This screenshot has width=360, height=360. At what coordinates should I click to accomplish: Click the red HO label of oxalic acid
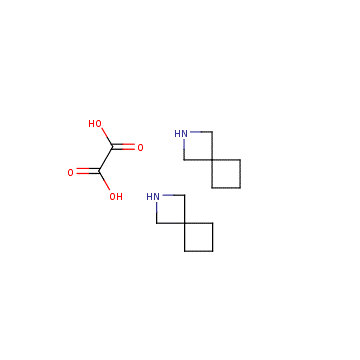(x=95, y=124)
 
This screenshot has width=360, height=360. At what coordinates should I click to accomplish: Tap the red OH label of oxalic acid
(x=116, y=197)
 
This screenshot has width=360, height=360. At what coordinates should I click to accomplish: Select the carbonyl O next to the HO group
(x=140, y=148)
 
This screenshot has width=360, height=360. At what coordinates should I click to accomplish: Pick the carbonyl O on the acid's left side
(x=70, y=173)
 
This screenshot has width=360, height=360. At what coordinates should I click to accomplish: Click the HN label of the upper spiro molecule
(x=181, y=134)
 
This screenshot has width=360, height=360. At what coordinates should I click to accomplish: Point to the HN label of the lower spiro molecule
(x=153, y=197)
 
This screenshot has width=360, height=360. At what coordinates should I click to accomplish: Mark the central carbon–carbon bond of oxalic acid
(x=106, y=160)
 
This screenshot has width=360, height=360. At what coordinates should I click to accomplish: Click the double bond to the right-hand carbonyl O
(x=123, y=147)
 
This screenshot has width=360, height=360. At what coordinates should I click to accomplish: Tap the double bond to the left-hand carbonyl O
(x=88, y=172)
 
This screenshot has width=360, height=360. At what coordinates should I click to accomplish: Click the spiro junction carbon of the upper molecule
(x=212, y=160)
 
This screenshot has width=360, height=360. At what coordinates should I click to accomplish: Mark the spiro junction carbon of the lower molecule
(x=184, y=223)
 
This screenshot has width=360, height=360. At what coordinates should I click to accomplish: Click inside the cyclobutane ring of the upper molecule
(x=226, y=174)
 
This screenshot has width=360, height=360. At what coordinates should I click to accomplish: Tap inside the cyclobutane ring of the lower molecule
(x=198, y=237)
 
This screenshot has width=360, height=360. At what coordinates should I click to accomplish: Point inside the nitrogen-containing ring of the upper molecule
(x=198, y=146)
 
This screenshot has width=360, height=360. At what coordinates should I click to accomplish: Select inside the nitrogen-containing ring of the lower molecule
(x=170, y=209)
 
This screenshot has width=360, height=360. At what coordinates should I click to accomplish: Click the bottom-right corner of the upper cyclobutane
(x=240, y=188)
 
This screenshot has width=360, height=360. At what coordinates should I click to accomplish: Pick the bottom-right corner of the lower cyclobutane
(x=212, y=251)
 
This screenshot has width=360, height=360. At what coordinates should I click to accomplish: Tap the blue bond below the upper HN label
(x=184, y=145)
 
